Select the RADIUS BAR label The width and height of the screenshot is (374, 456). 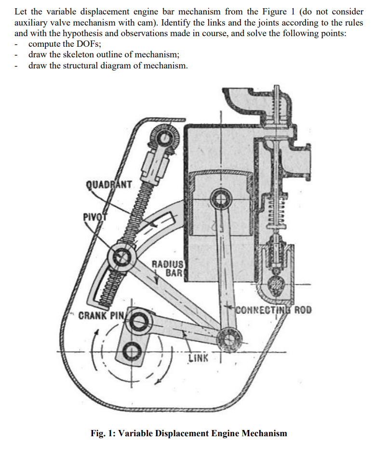167,268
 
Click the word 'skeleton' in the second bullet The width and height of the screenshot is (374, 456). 74,54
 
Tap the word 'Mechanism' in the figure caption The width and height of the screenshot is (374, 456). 263,433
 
